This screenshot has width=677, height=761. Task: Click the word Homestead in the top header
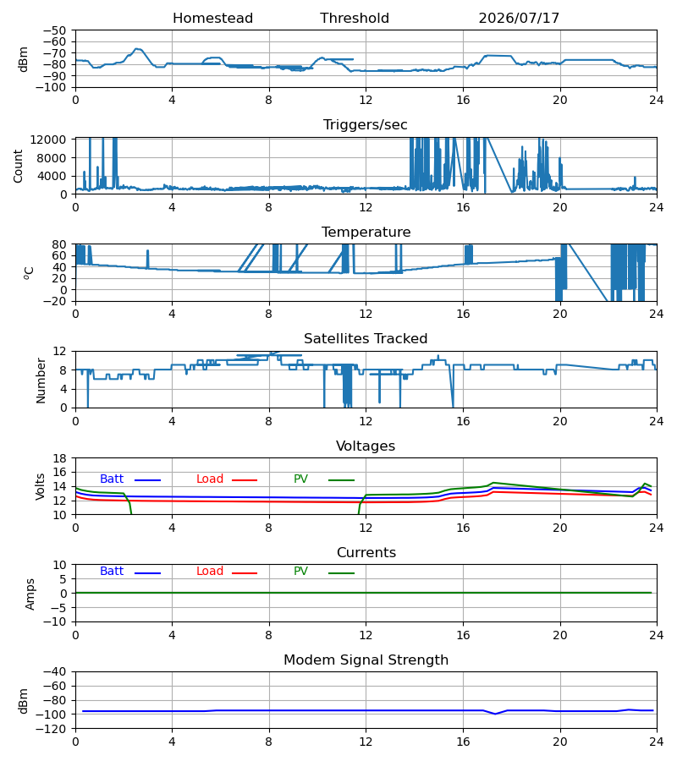pos(212,19)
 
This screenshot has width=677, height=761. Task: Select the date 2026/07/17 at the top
pos(519,19)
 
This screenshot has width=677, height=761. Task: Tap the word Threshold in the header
pos(355,19)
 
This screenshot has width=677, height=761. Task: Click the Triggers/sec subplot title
pos(366,125)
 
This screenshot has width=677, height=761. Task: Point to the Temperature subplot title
pos(366,233)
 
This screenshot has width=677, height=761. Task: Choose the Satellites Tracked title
pos(366,339)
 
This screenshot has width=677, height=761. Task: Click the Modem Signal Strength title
pos(366,660)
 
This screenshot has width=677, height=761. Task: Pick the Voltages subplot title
pos(366,446)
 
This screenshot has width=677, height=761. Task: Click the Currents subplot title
pos(366,553)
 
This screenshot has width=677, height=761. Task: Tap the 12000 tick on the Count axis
pos(48,140)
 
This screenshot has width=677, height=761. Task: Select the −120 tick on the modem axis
pos(54,729)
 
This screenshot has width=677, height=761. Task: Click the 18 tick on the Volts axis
pos(60,458)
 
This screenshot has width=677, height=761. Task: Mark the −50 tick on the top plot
pos(54,30)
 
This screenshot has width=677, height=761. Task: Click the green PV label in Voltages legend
pos(300,479)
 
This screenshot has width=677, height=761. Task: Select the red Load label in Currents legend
pos(210,572)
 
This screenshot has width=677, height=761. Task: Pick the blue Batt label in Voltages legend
pos(112,479)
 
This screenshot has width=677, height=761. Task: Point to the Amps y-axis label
pos(30,594)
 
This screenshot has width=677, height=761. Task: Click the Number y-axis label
pos(41,381)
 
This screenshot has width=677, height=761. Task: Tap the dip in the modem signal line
pos(495,714)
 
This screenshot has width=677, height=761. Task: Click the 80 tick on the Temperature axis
pos(60,244)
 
